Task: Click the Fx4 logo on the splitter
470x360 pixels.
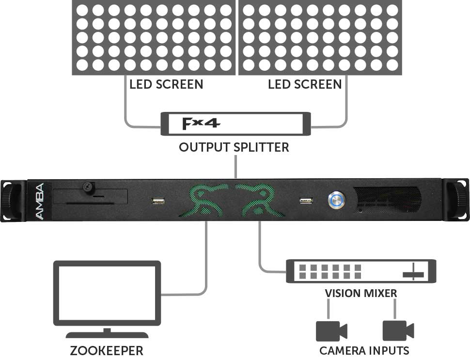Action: [x=201, y=124]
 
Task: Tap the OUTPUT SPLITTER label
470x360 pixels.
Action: [x=234, y=147]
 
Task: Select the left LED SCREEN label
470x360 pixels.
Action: [x=166, y=84]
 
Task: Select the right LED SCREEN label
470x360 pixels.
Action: [x=305, y=84]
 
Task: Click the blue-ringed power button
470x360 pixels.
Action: [x=337, y=200]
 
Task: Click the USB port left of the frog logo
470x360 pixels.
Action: [x=158, y=201]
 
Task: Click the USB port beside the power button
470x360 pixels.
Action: [x=306, y=201]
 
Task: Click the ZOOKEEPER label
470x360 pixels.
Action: [x=107, y=351]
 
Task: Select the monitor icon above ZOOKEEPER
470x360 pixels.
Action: [x=107, y=299]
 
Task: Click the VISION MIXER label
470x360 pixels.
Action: [x=361, y=293]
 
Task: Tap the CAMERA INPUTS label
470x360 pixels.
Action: [x=364, y=350]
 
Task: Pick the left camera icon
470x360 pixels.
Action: [x=331, y=331]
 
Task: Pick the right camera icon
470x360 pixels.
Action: [x=398, y=331]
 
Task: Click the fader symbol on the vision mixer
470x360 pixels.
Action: [x=413, y=272]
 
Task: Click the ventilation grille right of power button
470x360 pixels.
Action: [x=387, y=200]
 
